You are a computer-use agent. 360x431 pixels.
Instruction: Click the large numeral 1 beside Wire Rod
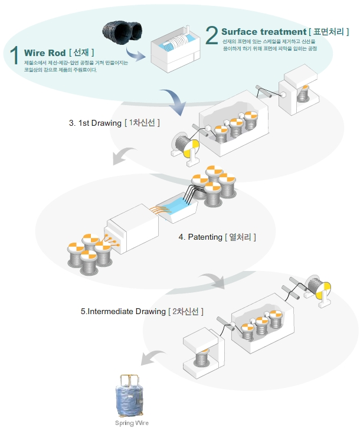[x=15, y=54]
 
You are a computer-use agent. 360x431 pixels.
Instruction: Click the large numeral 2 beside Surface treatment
[x=212, y=35]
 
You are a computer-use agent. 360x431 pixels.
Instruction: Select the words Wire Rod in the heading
[x=44, y=53]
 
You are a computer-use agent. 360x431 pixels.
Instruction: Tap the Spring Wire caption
[x=132, y=423]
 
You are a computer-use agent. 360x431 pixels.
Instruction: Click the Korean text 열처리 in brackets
[x=240, y=237]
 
